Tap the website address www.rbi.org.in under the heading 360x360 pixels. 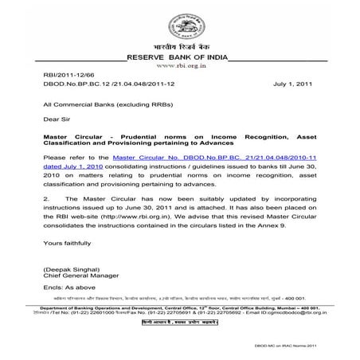pos(180,68)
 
